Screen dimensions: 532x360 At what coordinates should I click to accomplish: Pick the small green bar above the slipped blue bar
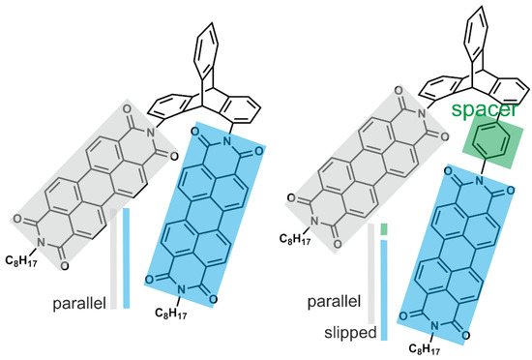pos(384,229)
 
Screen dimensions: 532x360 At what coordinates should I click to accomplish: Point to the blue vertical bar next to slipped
pos(384,289)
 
